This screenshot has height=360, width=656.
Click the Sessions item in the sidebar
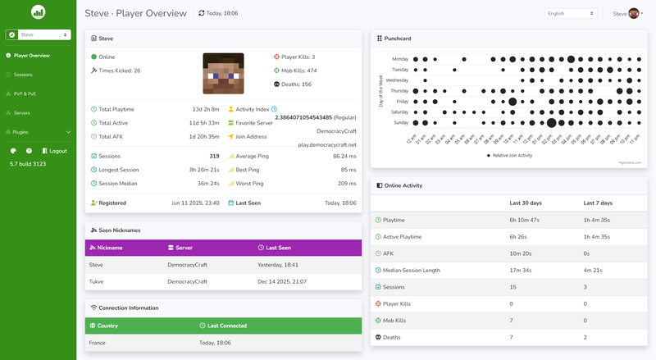tap(23, 75)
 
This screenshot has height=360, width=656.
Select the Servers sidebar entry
tap(22, 112)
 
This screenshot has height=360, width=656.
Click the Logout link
tap(57, 151)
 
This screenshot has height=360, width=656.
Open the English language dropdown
tap(572, 14)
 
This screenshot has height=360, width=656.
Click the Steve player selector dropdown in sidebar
tap(38, 35)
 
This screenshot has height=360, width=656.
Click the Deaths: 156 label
tap(295, 84)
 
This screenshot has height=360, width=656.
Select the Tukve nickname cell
tap(98, 281)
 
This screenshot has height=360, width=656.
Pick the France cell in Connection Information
tap(98, 343)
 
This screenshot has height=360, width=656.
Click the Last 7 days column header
tap(598, 203)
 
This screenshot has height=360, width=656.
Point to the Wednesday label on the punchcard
tap(397, 80)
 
